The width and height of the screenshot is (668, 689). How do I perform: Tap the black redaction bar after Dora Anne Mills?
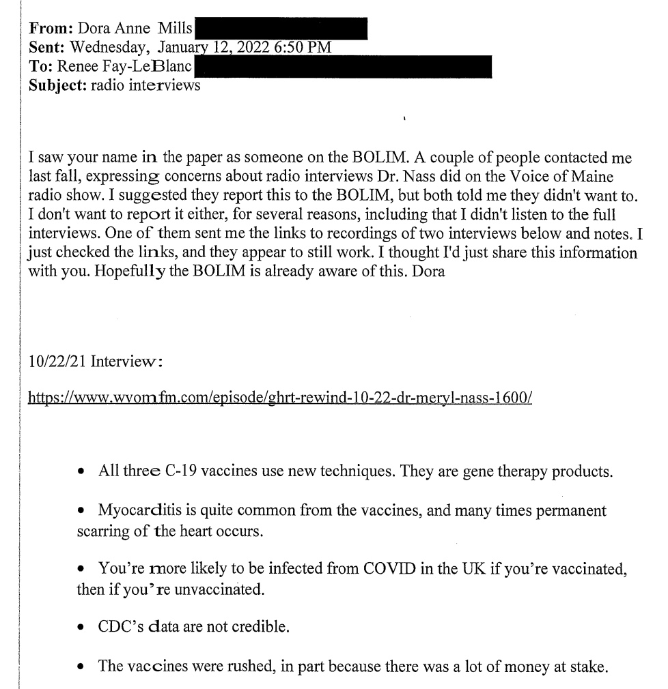[x=281, y=29]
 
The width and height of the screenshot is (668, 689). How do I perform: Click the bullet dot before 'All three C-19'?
[x=82, y=471]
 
